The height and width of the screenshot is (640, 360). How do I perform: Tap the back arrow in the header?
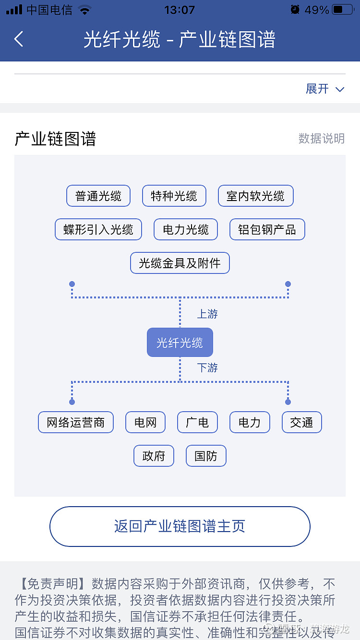(19, 39)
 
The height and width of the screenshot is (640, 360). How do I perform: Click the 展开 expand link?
(324, 89)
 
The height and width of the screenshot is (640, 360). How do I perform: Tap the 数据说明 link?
(321, 139)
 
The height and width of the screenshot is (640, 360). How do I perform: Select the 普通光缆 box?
(98, 196)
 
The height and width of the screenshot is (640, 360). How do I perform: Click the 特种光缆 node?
(174, 196)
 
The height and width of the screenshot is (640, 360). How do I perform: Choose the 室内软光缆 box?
(255, 196)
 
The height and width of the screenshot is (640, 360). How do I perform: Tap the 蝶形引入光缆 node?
(98, 230)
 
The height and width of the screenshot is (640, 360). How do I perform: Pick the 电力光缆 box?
(185, 230)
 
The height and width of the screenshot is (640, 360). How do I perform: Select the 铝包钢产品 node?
(267, 230)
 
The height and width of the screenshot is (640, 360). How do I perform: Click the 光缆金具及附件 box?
(180, 263)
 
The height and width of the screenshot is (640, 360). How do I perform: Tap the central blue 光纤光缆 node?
(180, 343)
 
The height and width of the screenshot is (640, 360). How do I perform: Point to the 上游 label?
(207, 314)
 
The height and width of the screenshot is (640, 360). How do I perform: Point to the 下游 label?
(207, 368)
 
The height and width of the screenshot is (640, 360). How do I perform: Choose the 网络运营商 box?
(76, 423)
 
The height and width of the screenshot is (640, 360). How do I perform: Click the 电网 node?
(145, 423)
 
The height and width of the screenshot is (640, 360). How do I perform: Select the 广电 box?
(197, 423)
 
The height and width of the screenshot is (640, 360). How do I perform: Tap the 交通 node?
(301, 423)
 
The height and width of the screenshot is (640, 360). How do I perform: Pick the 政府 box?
(154, 456)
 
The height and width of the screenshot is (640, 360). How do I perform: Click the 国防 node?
(206, 456)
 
